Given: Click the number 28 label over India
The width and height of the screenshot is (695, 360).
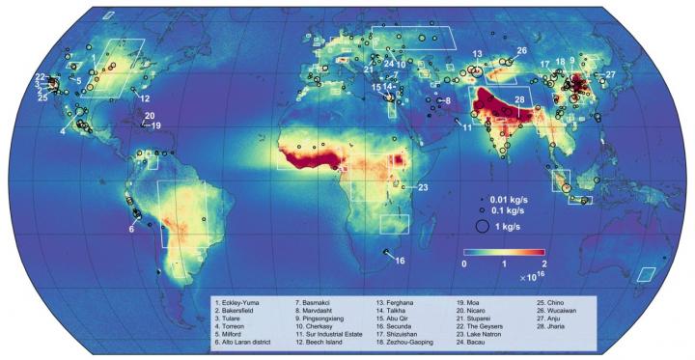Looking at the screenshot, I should coord(519,99).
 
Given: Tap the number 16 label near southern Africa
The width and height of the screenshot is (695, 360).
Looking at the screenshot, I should coord(401,261).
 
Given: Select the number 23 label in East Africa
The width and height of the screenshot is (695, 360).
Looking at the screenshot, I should coord(422,186).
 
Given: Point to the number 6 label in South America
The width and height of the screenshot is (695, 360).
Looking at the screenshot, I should coord(131,229).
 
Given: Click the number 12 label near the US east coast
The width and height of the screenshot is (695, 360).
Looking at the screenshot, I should coord(144,98).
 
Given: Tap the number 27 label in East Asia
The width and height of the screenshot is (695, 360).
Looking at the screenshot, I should coord(609,74).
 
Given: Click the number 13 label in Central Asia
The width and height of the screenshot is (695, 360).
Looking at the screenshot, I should coord(477,53).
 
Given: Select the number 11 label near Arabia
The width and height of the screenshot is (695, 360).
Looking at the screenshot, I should coord(465,127).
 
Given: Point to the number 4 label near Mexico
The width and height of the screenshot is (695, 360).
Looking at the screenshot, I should coord(63,130).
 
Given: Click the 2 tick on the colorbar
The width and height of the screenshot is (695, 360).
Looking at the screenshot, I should coord(544,263).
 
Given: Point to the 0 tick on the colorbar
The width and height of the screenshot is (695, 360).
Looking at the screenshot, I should coord(464,263).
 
